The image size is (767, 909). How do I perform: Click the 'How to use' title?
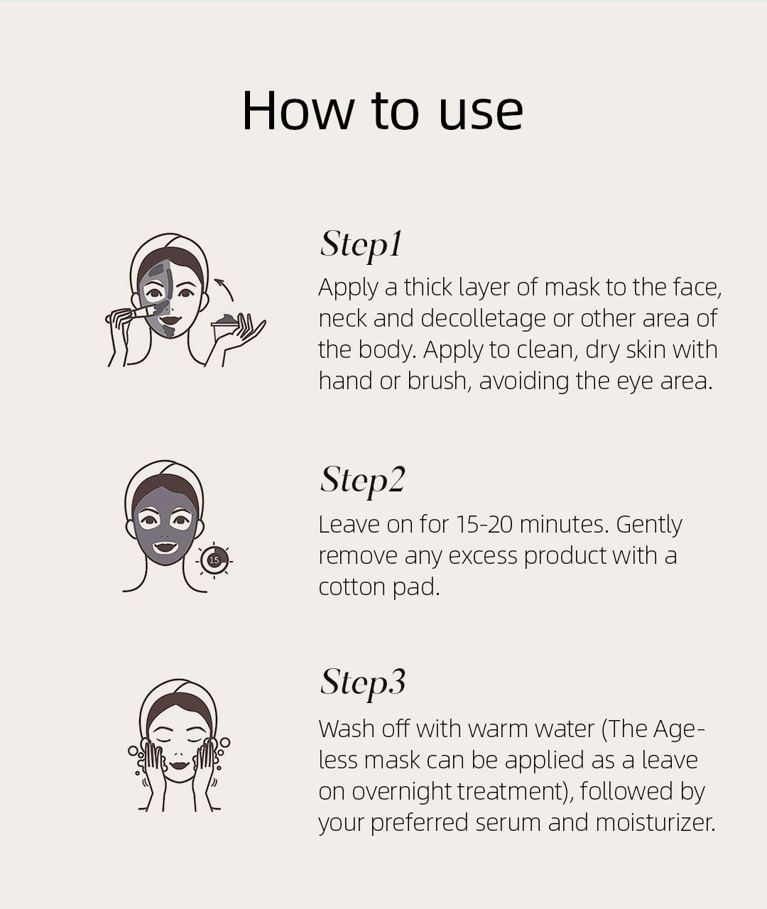point(382,111)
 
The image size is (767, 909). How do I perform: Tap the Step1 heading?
point(361,246)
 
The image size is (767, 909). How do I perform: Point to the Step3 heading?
point(363,683)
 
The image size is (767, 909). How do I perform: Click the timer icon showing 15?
point(214,560)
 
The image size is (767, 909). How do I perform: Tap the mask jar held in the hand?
point(224,327)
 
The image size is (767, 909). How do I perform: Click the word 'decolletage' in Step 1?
point(483,319)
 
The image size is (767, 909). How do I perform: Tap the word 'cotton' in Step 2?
point(352,587)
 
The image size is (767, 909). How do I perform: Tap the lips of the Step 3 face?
point(179,764)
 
